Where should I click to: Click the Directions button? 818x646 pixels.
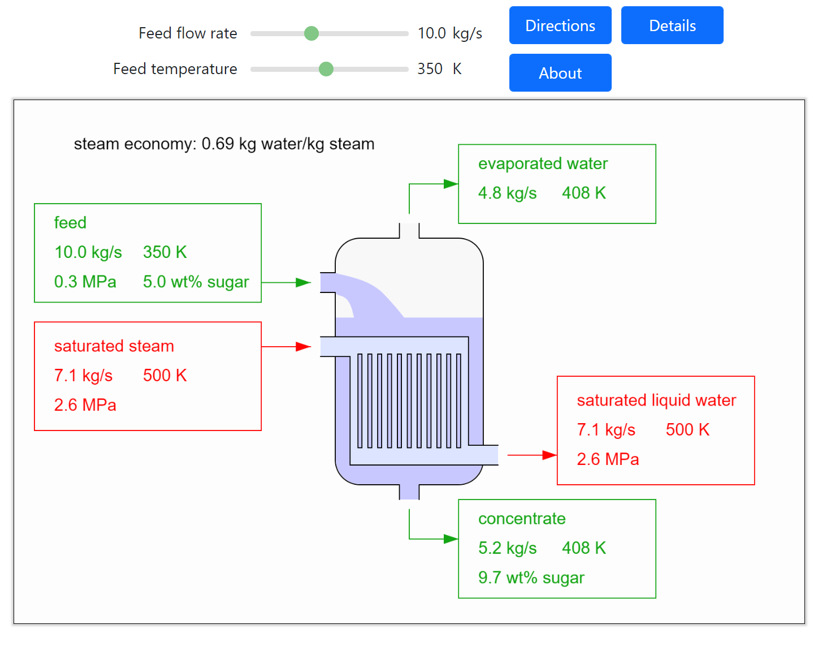coord(560,25)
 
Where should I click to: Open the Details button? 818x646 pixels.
coord(672,25)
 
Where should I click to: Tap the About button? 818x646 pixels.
coord(560,73)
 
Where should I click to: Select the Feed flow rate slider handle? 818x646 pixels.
coord(311,33)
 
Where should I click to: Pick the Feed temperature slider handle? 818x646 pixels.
coord(326,69)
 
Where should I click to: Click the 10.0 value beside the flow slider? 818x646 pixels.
coord(432,33)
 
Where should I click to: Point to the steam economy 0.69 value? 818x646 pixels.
coord(218,144)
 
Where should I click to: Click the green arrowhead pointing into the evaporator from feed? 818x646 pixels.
coord(304,282)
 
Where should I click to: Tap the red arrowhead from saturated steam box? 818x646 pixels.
coord(304,346)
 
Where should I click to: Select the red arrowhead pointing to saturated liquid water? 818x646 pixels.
coord(549,455)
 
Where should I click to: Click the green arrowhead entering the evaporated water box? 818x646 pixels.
coord(451,184)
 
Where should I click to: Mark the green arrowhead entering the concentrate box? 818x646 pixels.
coord(451,539)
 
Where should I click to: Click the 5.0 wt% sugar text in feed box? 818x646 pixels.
coord(196,282)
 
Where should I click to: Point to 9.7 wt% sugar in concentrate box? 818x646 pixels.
coord(531,578)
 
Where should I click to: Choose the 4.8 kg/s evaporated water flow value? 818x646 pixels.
coord(507,193)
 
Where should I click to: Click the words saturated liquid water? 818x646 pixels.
coord(656,400)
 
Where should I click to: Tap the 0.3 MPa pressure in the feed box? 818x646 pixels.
coord(85,282)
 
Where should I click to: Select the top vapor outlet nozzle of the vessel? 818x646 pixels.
coord(409,231)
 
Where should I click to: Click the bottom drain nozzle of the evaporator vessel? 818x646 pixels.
coord(409,492)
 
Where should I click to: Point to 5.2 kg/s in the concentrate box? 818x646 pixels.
coord(507,548)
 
